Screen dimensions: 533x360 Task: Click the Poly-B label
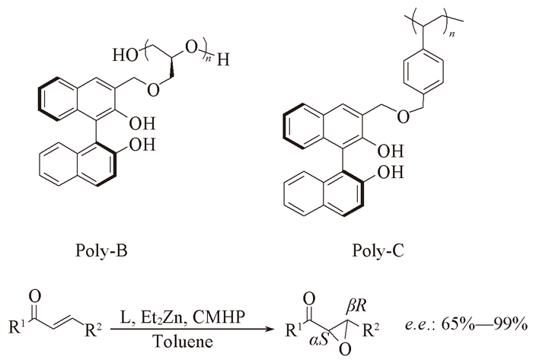[x=101, y=251]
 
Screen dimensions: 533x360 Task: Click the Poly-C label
[x=378, y=251]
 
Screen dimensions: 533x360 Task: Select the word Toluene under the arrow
[x=183, y=341]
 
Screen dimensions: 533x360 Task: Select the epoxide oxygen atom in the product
[x=345, y=349]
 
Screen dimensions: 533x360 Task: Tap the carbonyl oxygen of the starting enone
[x=35, y=296]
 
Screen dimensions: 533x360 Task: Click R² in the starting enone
[x=93, y=330]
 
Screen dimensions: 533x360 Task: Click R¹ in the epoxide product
[x=293, y=330]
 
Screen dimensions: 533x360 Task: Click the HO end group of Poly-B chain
[x=125, y=55]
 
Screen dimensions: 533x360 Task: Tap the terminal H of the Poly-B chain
[x=223, y=60]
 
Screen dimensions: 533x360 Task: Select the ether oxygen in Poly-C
[x=403, y=117]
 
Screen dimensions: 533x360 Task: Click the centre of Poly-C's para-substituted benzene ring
[x=423, y=72]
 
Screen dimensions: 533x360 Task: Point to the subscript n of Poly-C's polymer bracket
[x=452, y=34]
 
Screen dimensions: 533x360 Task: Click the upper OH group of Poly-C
[x=390, y=151]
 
